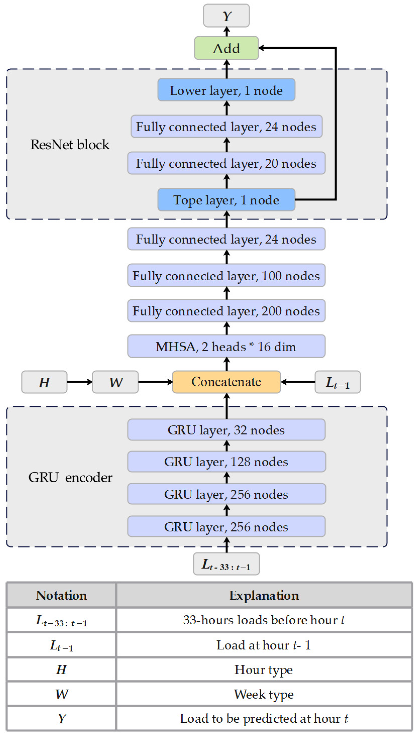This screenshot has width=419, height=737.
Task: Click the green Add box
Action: (x=226, y=48)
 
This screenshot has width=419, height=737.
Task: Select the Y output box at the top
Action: (x=226, y=16)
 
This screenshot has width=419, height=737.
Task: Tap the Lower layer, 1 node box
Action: (x=226, y=90)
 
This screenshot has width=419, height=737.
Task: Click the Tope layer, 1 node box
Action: (x=226, y=200)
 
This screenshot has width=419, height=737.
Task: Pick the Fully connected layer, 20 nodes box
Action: (x=226, y=163)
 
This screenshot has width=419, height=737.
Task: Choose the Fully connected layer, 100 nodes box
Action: (x=226, y=275)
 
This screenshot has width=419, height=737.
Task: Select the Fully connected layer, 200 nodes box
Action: (x=226, y=311)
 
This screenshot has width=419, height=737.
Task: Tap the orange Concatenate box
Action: (x=226, y=382)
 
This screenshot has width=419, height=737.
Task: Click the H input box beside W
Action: (x=44, y=382)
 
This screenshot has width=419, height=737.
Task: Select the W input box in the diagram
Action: (x=115, y=382)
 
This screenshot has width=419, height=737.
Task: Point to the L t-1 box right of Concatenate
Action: (x=337, y=382)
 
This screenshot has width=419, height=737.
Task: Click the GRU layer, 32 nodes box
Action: (x=226, y=430)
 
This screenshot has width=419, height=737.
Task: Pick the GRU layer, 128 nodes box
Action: (x=226, y=462)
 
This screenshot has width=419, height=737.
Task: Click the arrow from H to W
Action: (x=80, y=382)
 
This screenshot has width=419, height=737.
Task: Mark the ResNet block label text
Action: (x=70, y=144)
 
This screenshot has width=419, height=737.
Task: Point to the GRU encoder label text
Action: (x=70, y=477)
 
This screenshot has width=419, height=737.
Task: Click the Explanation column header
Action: (x=264, y=595)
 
